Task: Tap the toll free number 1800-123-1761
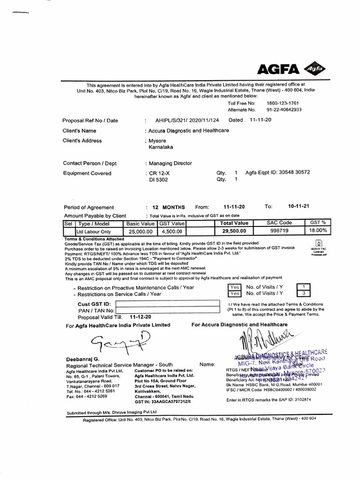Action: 283,103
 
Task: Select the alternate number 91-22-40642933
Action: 284,110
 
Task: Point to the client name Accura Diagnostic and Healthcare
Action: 188,131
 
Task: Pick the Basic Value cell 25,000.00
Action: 140,231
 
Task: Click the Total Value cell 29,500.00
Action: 234,231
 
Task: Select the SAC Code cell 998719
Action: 279,231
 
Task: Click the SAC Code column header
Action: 279,224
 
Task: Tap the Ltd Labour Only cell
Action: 94,231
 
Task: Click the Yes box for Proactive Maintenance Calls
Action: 234,287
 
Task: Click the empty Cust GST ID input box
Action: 167,304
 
